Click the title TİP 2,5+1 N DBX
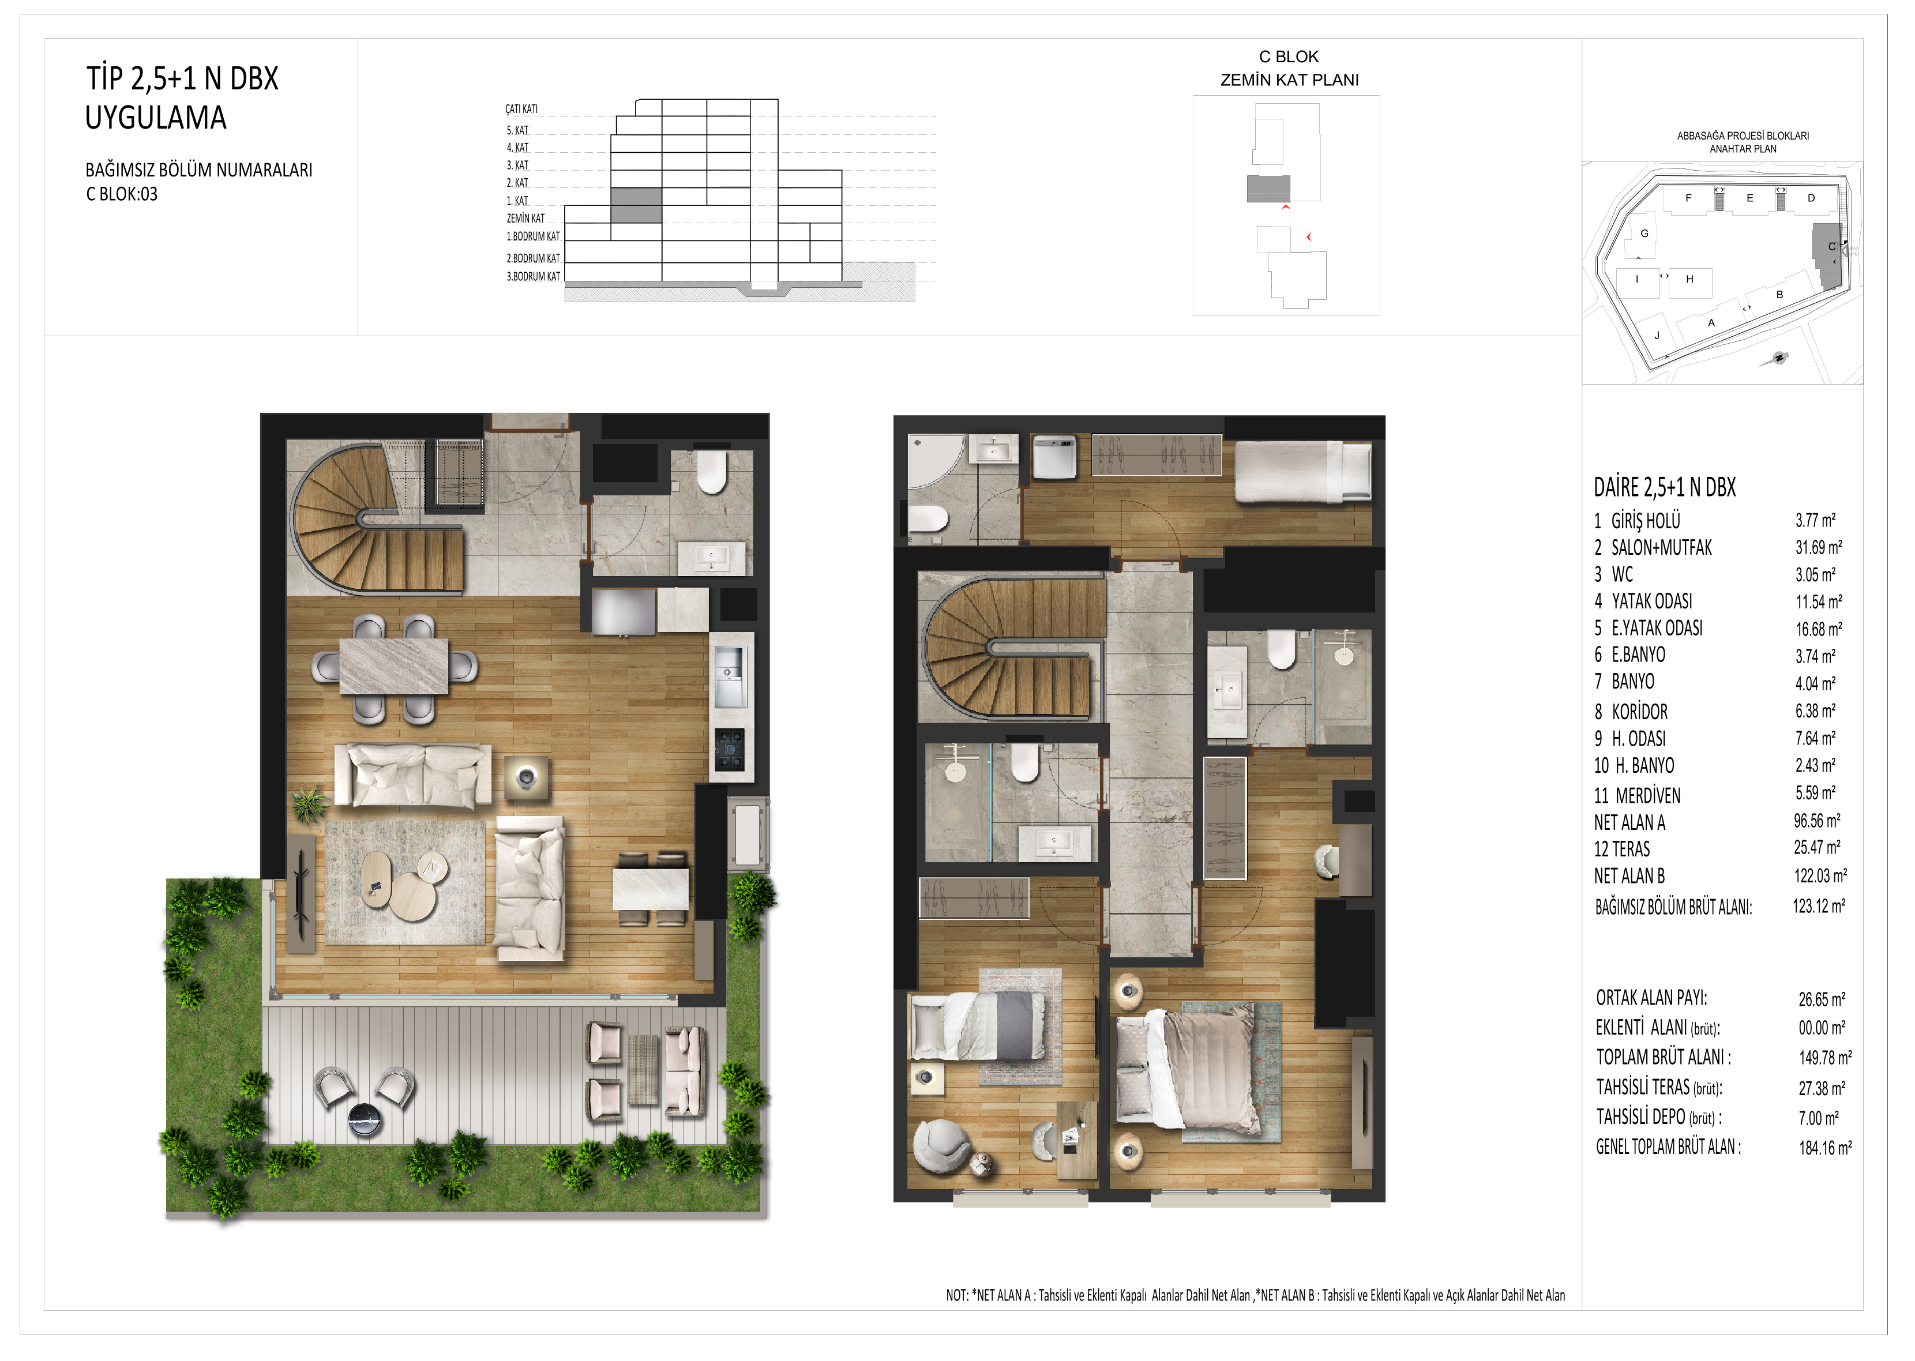pos(182,79)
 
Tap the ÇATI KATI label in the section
pos(521,109)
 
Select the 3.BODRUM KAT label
pos(533,277)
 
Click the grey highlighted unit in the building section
pos(636,205)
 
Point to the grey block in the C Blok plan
pos(1268,189)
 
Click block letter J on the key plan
pos(1656,335)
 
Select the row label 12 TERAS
pos(1621,849)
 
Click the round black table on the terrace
pos(365,1119)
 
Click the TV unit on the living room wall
pos(301,893)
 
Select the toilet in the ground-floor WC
pos(712,473)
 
